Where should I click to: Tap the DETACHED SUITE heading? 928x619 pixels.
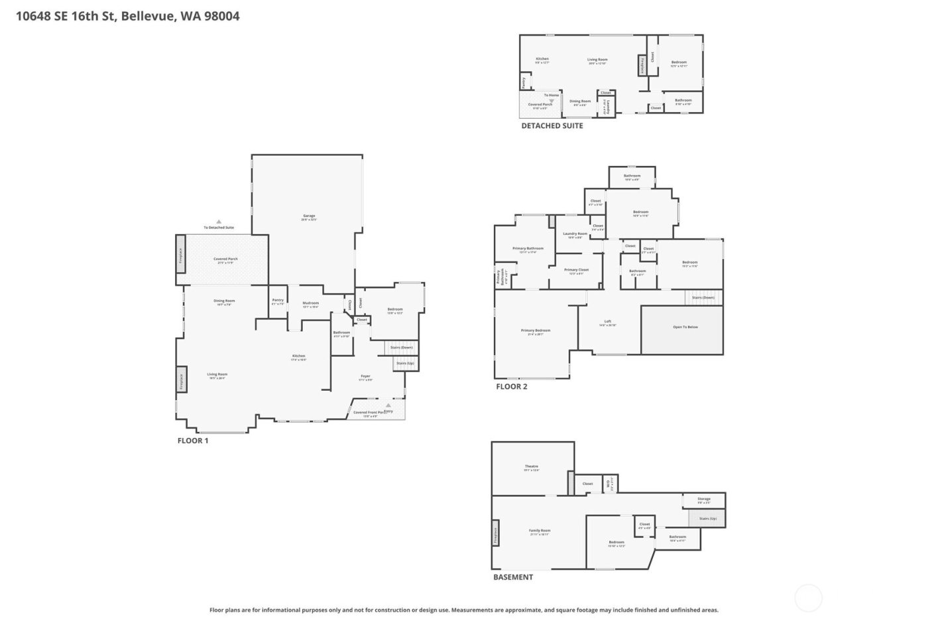pyautogui.click(x=551, y=125)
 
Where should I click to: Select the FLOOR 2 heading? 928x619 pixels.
pyautogui.click(x=511, y=386)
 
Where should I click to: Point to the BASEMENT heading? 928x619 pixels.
pyautogui.click(x=512, y=577)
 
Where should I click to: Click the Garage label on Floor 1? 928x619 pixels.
pyautogui.click(x=309, y=216)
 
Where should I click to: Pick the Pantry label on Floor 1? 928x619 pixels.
pyautogui.click(x=278, y=301)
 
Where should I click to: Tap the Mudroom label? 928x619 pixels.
pyautogui.click(x=310, y=304)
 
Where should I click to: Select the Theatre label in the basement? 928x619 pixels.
pyautogui.click(x=532, y=467)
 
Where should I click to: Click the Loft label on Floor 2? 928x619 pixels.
pyautogui.click(x=608, y=322)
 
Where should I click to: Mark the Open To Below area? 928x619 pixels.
pyautogui.click(x=685, y=327)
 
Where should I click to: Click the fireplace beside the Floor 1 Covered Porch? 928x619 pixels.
pyautogui.click(x=181, y=257)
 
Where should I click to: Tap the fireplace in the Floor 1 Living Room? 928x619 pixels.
pyautogui.click(x=181, y=381)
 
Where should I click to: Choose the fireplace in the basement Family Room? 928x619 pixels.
pyautogui.click(x=495, y=532)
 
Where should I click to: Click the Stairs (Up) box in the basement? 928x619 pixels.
pyautogui.click(x=707, y=518)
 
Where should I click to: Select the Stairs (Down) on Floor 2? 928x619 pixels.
pyautogui.click(x=703, y=298)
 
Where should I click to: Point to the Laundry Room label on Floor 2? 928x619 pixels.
pyautogui.click(x=575, y=234)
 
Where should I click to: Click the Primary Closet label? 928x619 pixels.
pyautogui.click(x=576, y=270)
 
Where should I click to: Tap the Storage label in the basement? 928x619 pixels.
pyautogui.click(x=703, y=499)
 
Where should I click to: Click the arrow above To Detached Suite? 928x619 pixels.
pyautogui.click(x=219, y=222)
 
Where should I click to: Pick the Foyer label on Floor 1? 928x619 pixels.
pyautogui.click(x=365, y=376)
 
